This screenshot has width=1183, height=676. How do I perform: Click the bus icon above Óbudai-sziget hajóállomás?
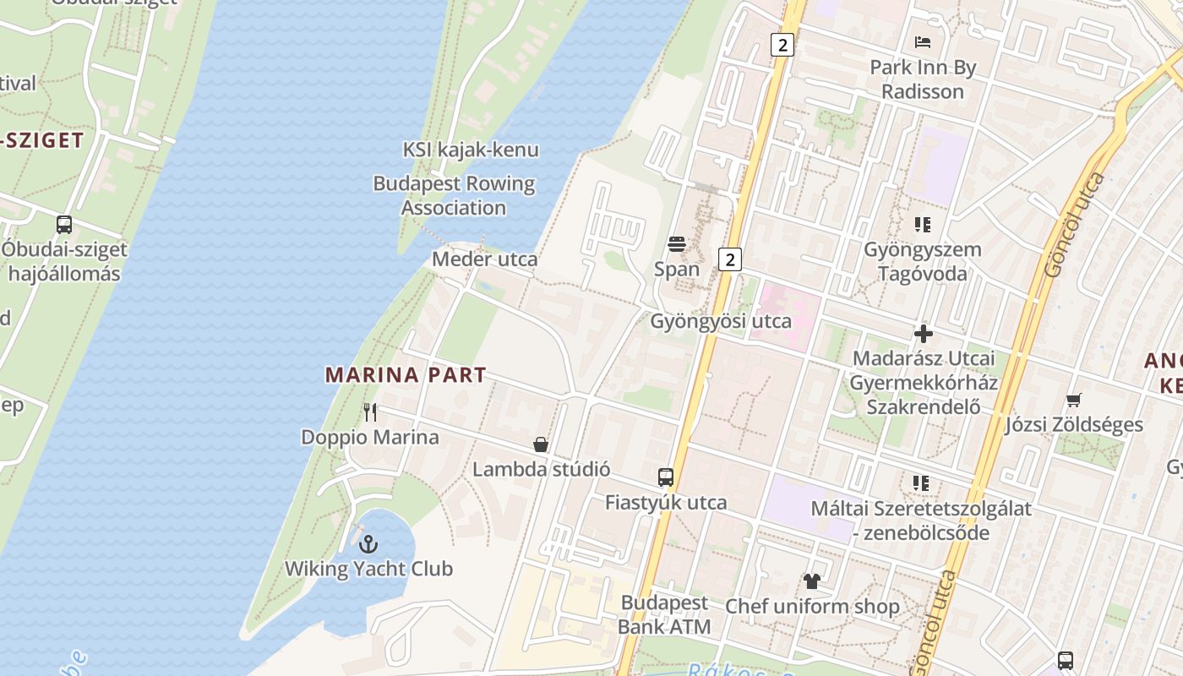64,225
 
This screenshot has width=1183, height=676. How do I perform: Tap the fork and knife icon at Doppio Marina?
370,412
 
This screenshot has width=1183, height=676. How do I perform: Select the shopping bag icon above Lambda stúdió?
541,444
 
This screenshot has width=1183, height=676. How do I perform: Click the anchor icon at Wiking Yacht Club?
368,543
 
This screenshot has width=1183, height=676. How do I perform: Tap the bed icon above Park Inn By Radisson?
923,42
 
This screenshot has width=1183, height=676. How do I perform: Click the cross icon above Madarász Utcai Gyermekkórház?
924,334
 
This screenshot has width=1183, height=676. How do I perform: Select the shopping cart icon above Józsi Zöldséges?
1073,400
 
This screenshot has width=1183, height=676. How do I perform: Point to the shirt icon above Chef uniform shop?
812,581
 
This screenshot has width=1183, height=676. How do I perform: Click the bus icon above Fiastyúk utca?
666,477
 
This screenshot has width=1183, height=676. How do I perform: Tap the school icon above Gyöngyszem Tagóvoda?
923,225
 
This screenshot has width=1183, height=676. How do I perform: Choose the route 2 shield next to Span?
730,259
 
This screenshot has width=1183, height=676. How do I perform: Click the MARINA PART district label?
406,374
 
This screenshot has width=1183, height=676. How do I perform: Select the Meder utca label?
484,259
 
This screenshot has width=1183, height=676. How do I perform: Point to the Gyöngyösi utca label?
721,321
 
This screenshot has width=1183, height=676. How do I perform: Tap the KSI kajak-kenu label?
471,150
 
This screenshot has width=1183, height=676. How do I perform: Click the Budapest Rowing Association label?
454,195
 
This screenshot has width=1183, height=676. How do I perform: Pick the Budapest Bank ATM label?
664,614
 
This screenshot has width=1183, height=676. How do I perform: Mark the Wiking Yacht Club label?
368,569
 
